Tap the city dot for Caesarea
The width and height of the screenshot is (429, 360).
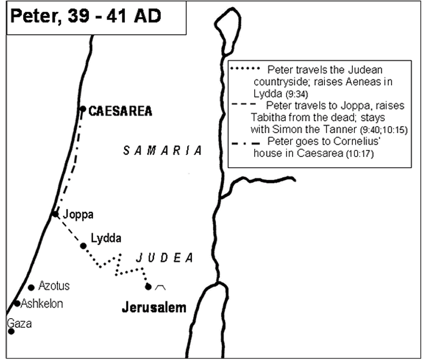(83, 109)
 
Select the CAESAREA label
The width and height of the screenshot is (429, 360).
(120, 112)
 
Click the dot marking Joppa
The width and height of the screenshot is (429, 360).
(55, 214)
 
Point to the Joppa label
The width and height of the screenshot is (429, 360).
(78, 215)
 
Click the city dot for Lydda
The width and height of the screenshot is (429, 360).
(83, 246)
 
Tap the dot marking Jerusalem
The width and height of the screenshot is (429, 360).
(148, 286)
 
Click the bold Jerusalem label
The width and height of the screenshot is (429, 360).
(153, 308)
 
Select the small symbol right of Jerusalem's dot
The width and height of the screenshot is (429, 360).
(159, 288)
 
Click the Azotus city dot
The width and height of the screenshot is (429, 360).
(31, 288)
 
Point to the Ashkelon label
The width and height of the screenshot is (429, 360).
(42, 304)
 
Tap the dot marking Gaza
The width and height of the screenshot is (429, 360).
(11, 332)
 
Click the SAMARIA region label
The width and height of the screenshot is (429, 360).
(162, 151)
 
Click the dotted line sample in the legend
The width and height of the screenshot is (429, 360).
(247, 70)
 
